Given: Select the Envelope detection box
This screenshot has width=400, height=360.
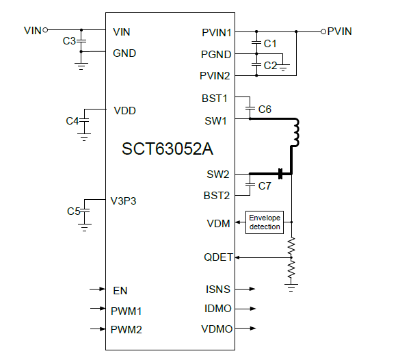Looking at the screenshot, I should tap(265, 222).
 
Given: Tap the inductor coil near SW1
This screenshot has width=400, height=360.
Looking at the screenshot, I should tap(295, 133).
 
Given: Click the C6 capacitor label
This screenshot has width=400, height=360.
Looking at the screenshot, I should tap(265, 109).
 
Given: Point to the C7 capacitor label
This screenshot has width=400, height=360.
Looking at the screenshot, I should tap(265, 185).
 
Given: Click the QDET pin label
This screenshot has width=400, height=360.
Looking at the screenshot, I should tap(218, 257).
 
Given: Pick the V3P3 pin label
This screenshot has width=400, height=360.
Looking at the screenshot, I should tap(124, 201).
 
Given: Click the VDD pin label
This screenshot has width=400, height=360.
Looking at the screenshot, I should tap(124, 110).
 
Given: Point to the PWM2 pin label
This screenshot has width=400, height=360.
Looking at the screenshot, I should tap(126, 329).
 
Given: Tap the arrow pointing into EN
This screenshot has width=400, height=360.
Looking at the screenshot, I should tap(98, 290).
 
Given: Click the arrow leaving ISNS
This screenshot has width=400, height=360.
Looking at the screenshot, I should tap(249, 290).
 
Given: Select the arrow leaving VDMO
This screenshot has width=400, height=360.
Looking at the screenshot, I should tap(249, 329).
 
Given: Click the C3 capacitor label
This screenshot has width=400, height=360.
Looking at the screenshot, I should tap(69, 41).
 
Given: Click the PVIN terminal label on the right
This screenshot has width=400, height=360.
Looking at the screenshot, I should tap(340, 31).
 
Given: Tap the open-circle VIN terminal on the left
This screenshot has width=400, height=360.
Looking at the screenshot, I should tap(45, 30).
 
